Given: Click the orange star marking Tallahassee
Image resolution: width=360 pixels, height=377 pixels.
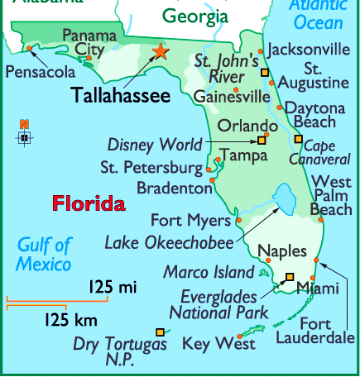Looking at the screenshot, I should click(x=159, y=52).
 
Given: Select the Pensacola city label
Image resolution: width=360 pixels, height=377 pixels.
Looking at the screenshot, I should click(x=40, y=73).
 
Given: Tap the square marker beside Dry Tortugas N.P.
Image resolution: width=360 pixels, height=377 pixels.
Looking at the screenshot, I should click(x=160, y=332).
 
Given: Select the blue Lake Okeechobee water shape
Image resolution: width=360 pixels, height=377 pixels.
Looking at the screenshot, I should click(x=286, y=198).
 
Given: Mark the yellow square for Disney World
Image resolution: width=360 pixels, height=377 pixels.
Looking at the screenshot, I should click(x=262, y=141).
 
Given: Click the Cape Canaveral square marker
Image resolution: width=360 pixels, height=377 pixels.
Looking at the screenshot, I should click(x=299, y=139).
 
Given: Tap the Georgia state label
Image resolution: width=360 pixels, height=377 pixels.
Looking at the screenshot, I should click(x=195, y=16).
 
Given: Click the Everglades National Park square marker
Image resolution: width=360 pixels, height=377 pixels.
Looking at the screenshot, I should click(x=290, y=278).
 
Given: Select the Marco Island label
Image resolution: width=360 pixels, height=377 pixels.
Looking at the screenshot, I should click(x=209, y=272).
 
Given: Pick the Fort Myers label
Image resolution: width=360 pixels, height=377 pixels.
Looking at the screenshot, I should click(x=190, y=221).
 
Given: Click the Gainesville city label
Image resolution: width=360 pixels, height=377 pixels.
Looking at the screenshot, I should click(x=232, y=97).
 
